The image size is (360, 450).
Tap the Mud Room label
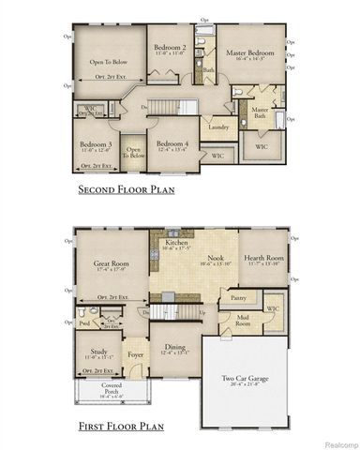(x=243, y=320)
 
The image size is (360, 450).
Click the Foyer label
(x=134, y=354)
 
